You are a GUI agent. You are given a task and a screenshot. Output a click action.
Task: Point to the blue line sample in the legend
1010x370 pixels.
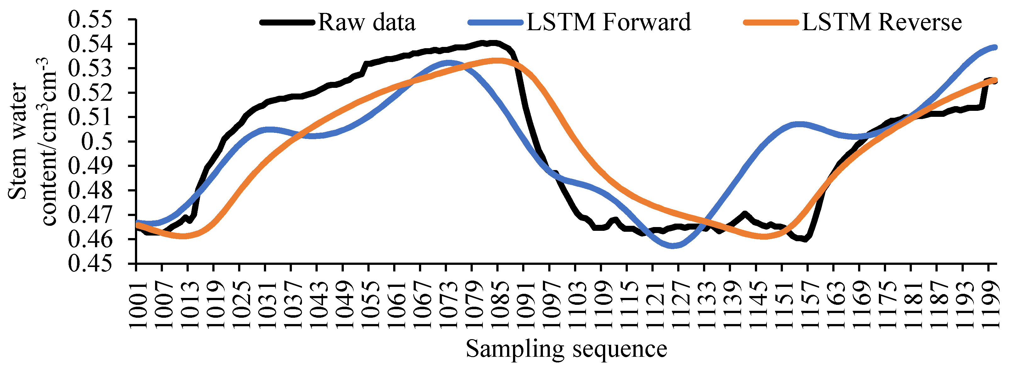496,22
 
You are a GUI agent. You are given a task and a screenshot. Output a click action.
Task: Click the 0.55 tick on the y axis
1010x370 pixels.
90,20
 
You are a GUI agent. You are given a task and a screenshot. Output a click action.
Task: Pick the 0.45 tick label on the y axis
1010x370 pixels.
90,264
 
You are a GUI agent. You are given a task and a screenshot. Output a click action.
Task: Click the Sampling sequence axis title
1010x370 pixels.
566,349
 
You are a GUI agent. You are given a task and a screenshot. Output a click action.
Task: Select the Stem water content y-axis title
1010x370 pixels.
33,141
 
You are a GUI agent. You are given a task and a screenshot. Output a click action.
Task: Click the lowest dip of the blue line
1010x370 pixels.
673,246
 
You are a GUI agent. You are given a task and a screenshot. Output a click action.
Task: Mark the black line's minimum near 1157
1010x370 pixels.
805,239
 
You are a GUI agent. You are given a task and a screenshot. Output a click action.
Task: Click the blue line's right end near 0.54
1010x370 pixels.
995,48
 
